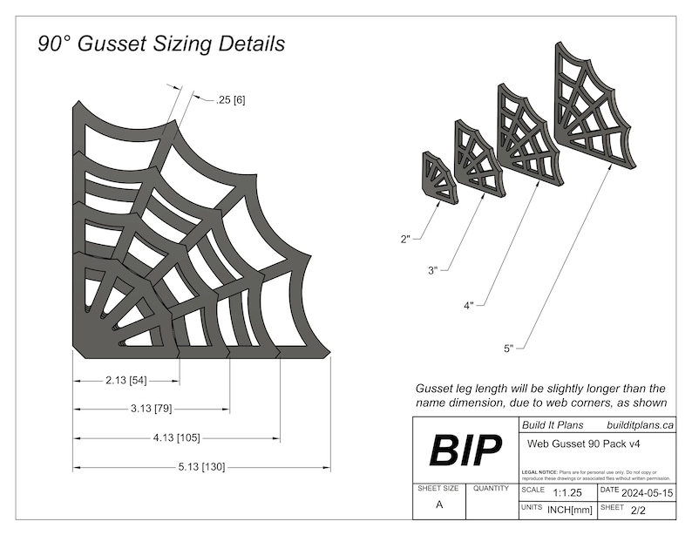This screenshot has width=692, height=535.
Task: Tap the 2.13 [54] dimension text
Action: pos(126,382)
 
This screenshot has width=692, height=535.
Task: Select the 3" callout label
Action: pos(433,271)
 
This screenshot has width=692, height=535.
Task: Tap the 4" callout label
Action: pos(470,306)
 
